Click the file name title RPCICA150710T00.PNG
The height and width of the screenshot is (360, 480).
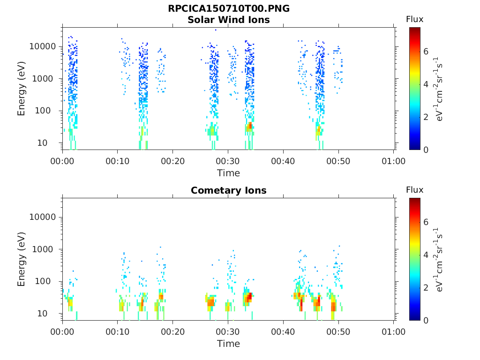(229, 8)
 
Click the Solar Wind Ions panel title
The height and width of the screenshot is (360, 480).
(229, 20)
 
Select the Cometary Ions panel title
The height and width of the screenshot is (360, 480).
(229, 190)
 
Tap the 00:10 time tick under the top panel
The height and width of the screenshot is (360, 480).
(118, 161)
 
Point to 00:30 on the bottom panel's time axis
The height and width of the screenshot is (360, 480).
(228, 331)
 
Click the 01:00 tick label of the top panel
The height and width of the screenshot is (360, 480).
(393, 161)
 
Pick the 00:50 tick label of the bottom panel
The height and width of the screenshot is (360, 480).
(338, 331)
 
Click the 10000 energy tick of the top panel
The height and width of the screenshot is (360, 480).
(43, 46)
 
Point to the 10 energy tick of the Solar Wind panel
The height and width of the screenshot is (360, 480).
(42, 142)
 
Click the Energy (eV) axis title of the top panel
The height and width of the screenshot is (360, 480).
(21, 89)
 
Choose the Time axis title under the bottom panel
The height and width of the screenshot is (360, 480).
(228, 344)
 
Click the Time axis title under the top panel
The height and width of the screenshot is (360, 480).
(228, 173)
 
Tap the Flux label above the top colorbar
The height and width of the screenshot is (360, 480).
(414, 19)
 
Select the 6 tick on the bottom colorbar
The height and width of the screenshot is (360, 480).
(426, 222)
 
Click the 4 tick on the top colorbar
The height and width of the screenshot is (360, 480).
(426, 84)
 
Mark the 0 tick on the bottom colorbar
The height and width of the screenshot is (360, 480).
(426, 321)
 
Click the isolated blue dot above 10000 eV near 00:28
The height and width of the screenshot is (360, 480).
(216, 30)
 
